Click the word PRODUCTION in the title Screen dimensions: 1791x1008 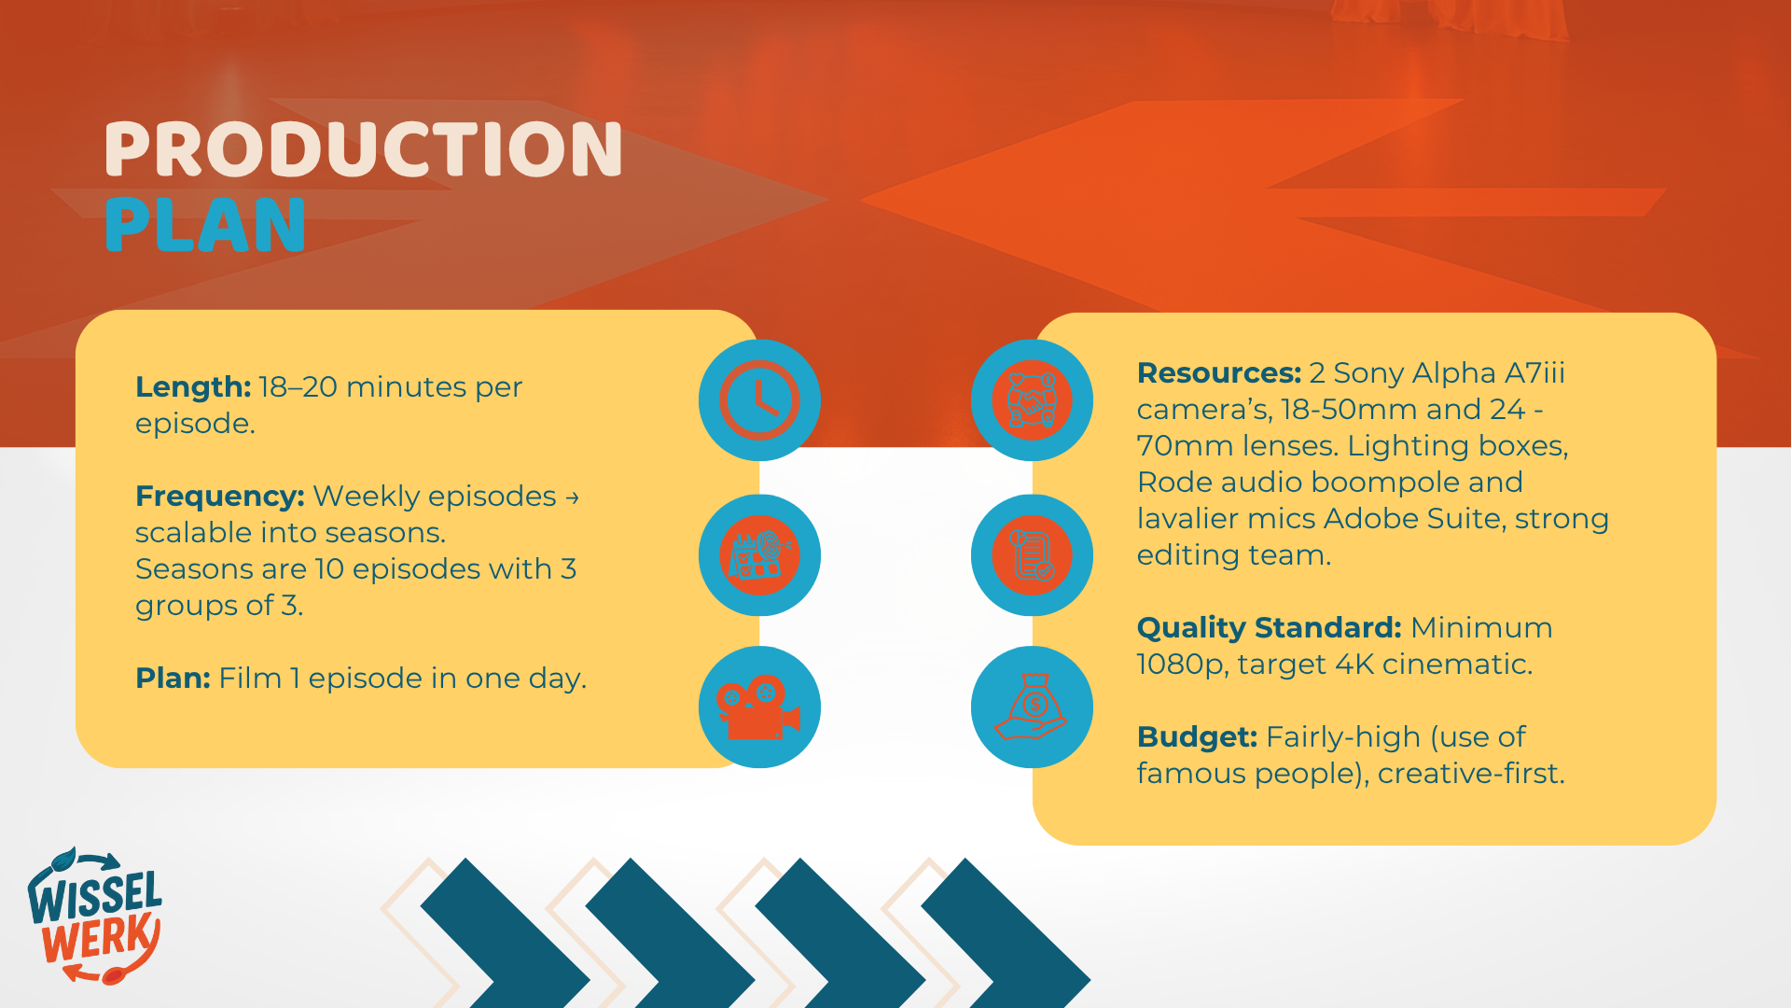(363, 149)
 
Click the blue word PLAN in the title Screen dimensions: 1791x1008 (205, 225)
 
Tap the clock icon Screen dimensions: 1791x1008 (759, 400)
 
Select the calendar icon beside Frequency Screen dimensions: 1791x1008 (759, 555)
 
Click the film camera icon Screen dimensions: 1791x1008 (759, 707)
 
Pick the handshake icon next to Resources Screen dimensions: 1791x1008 (1032, 400)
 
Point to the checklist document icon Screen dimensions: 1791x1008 (1032, 555)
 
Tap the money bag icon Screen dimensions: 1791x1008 (1032, 707)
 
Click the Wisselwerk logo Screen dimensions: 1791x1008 (95, 916)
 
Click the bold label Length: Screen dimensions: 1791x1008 (193, 386)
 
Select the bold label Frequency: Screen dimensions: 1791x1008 (220, 496)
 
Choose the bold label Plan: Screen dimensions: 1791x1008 (174, 678)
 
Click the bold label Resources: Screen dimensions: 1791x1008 (1219, 372)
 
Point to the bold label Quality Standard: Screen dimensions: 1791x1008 (1270, 627)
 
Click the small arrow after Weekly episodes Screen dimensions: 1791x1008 (572, 497)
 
